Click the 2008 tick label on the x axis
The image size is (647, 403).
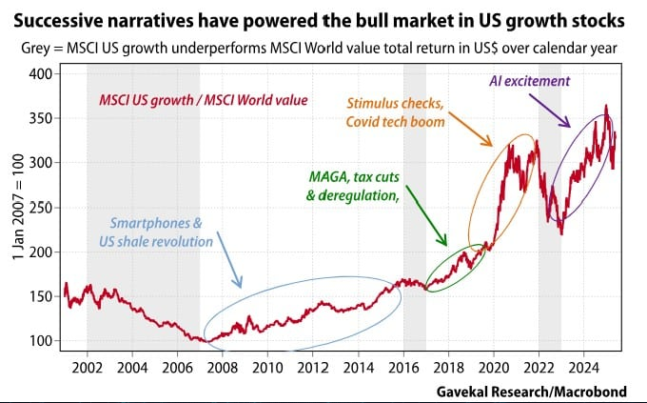[x=223, y=367]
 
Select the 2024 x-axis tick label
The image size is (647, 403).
[x=583, y=367]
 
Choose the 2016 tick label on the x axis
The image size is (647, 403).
[x=403, y=367]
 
